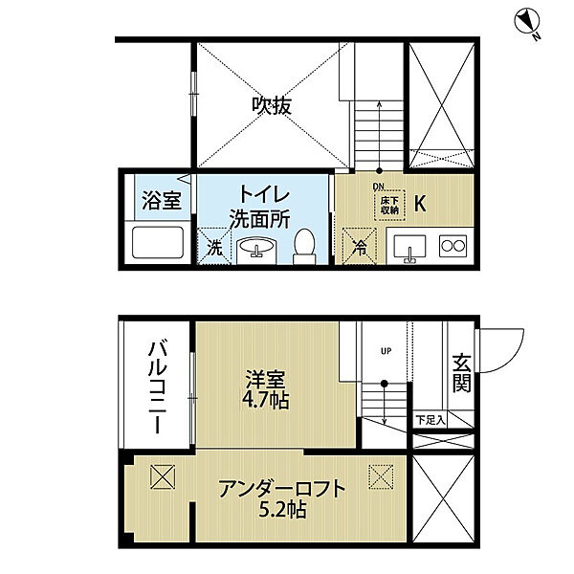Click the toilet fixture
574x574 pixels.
(x=302, y=245)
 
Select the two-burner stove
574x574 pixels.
(x=453, y=246)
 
